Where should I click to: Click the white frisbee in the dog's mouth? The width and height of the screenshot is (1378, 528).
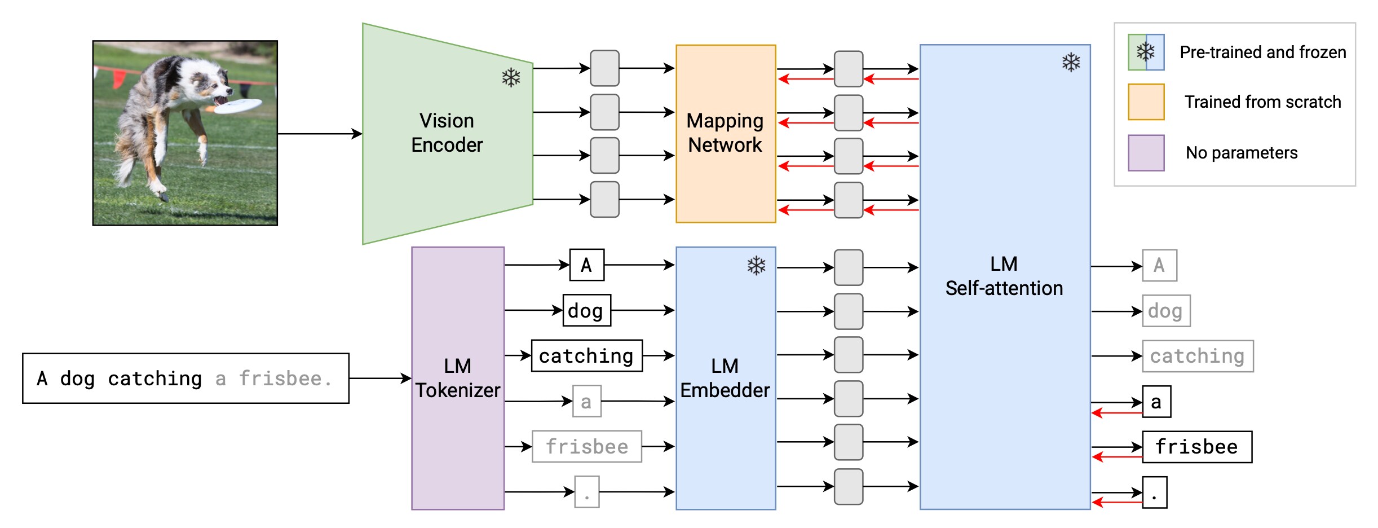pyautogui.click(x=238, y=105)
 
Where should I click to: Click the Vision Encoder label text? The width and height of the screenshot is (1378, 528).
pyautogui.click(x=447, y=133)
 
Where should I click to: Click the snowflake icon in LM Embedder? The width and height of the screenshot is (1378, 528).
pyautogui.click(x=756, y=266)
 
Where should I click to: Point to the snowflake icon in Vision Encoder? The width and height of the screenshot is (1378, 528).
pyautogui.click(x=511, y=78)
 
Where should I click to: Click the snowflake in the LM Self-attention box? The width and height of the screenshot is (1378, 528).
pyautogui.click(x=1071, y=62)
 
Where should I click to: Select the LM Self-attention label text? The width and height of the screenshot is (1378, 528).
pyautogui.click(x=1004, y=276)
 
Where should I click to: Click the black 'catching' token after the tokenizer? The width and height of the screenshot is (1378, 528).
pyautogui.click(x=586, y=356)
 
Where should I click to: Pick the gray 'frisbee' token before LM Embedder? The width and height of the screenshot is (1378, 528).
pyautogui.click(x=586, y=447)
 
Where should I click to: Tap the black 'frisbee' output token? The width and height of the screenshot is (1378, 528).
pyautogui.click(x=1196, y=447)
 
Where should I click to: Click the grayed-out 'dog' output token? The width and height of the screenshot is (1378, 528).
pyautogui.click(x=1165, y=311)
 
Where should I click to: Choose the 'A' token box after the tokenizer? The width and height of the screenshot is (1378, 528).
pyautogui.click(x=586, y=265)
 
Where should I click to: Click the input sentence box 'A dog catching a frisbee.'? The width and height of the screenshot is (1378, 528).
pyautogui.click(x=185, y=379)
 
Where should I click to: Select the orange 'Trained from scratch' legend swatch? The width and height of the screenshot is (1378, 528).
pyautogui.click(x=1146, y=102)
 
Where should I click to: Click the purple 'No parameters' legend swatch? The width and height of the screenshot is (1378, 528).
pyautogui.click(x=1146, y=153)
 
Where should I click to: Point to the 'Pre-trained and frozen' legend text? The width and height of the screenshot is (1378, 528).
pyautogui.click(x=1262, y=52)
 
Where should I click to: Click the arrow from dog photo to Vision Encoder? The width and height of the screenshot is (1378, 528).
pyautogui.click(x=319, y=134)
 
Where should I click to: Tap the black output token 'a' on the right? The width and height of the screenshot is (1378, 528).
pyautogui.click(x=1156, y=402)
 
